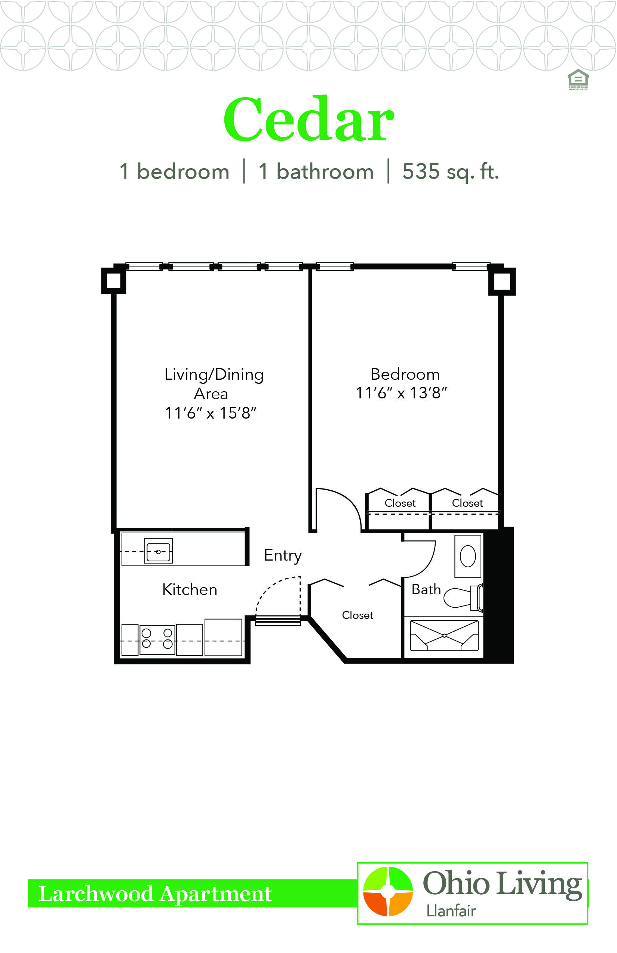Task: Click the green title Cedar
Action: [309, 119]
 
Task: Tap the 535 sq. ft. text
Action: [451, 172]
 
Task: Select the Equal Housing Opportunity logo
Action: [578, 80]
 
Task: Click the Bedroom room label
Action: [405, 374]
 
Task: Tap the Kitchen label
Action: [190, 589]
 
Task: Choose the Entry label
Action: [283, 556]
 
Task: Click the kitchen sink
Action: [158, 551]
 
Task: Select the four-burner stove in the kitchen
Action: [157, 639]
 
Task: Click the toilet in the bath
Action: [463, 597]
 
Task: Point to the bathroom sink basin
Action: [467, 556]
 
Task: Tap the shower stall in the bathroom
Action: [444, 635]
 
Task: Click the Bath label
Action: [426, 589]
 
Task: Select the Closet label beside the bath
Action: [357, 615]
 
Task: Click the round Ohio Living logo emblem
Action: [387, 891]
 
